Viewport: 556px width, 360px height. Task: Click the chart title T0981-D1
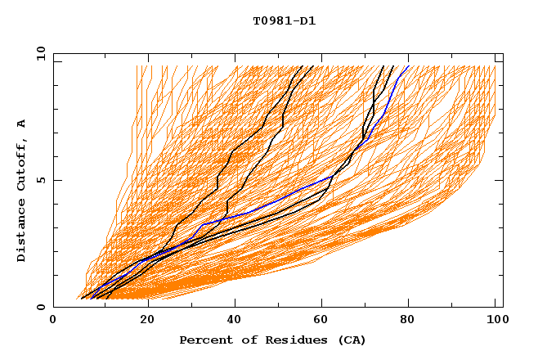click(x=284, y=21)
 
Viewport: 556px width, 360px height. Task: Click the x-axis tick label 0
click(x=53, y=321)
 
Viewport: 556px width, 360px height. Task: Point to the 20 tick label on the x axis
click(x=148, y=321)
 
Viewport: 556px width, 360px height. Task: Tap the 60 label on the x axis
click(x=325, y=321)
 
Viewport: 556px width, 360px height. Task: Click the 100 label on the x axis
click(x=495, y=321)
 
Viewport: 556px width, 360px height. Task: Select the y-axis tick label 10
click(x=39, y=53)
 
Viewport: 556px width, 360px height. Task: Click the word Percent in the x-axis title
click(x=204, y=340)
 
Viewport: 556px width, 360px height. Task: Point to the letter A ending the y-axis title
click(x=22, y=123)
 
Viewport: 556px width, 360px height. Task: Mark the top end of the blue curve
click(x=408, y=66)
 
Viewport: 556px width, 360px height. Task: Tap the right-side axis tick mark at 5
click(x=500, y=180)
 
